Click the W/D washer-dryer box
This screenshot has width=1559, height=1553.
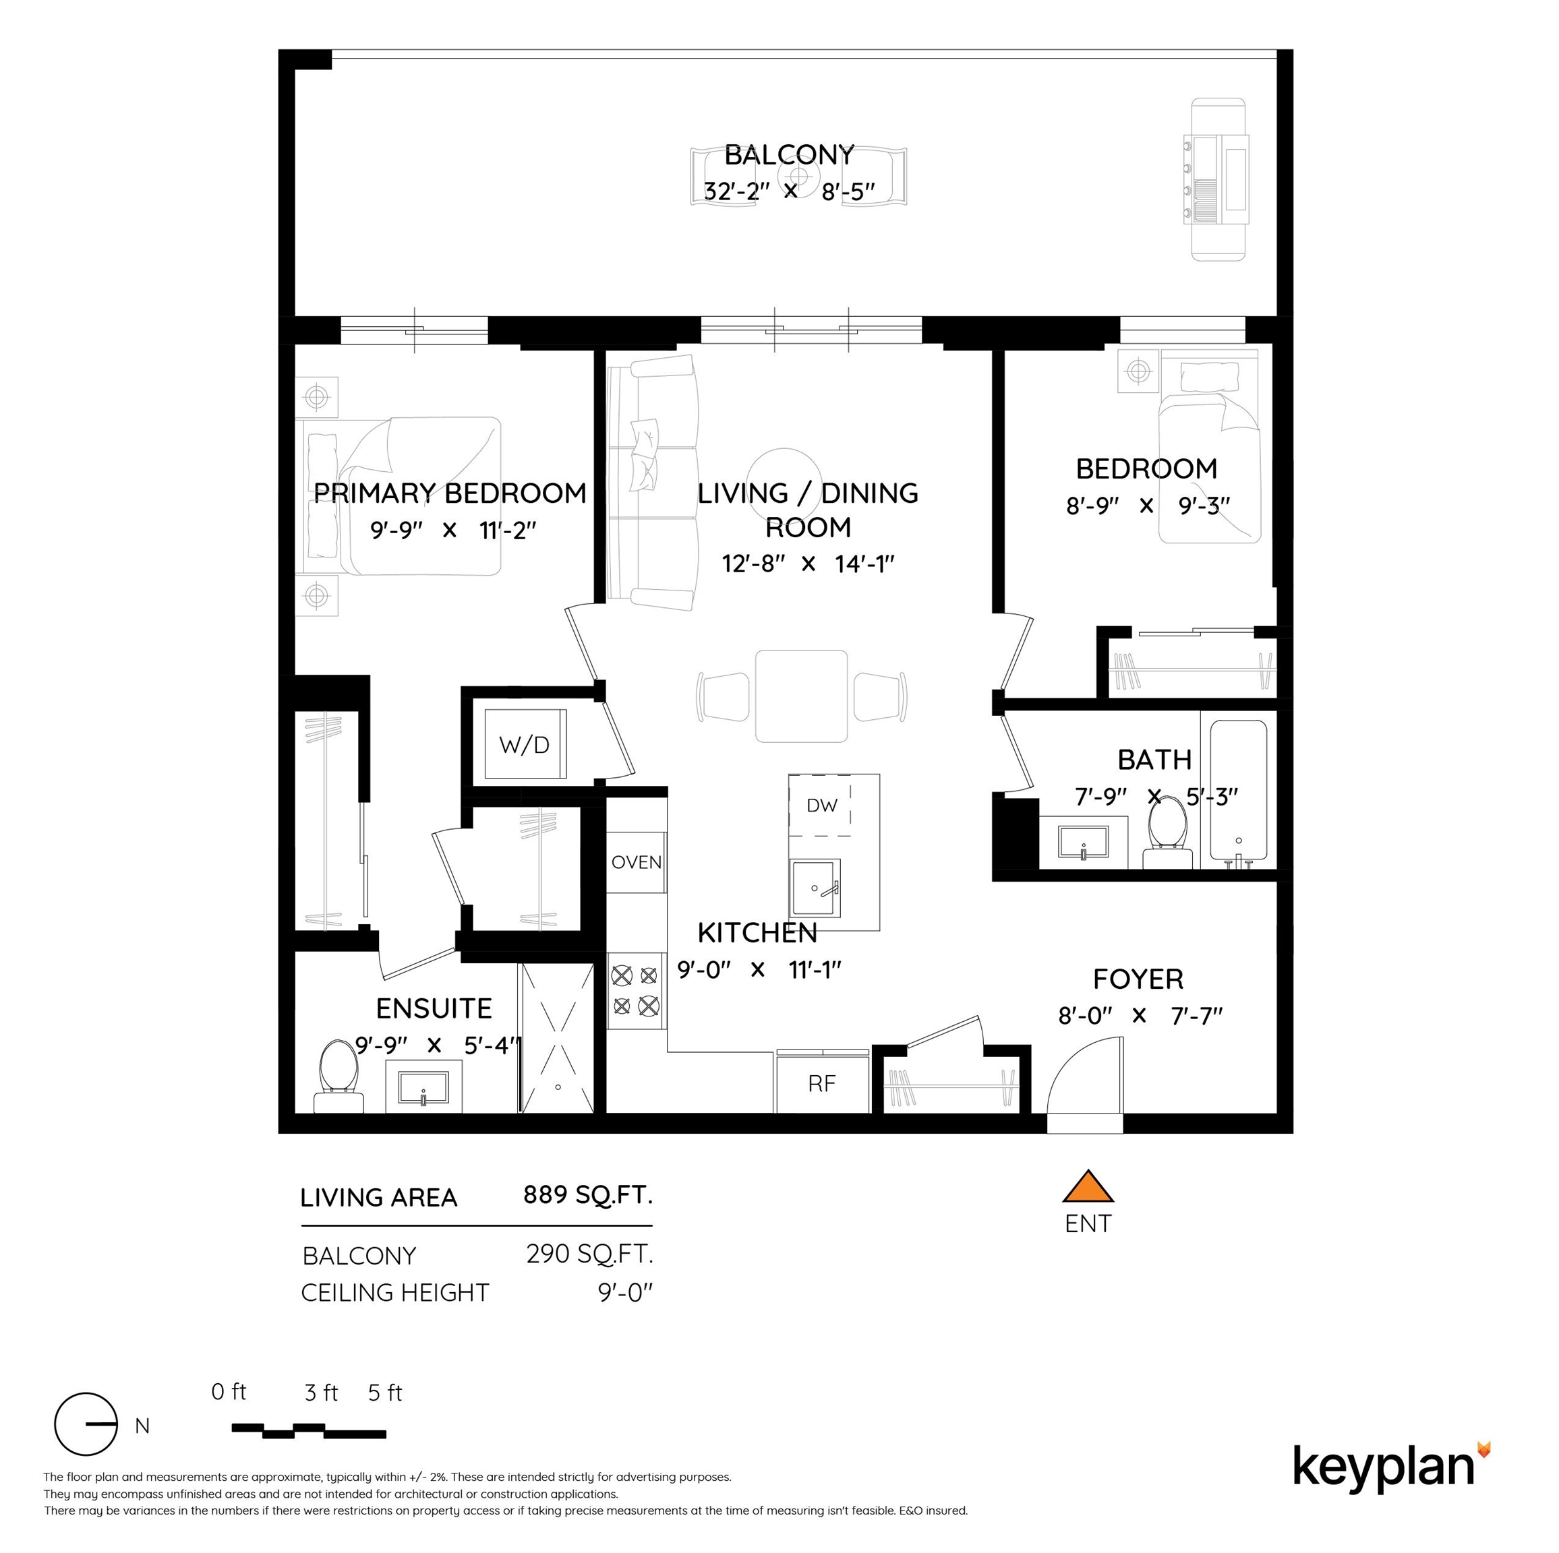click(525, 744)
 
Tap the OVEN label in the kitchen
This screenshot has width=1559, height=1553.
click(637, 862)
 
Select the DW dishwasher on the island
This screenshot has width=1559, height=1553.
click(821, 804)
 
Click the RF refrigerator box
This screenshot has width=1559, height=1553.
click(821, 1083)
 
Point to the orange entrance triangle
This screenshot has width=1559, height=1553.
click(1088, 1187)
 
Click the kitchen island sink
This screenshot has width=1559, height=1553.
click(815, 888)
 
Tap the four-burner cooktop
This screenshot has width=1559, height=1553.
click(635, 991)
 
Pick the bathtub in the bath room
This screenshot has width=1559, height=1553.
click(1238, 791)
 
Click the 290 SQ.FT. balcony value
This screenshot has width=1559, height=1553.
click(589, 1254)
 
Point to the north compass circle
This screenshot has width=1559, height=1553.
click(86, 1447)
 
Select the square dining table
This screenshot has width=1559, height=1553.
click(801, 696)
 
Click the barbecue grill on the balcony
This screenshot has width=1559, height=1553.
click(1217, 179)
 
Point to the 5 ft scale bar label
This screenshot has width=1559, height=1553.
click(385, 1393)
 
